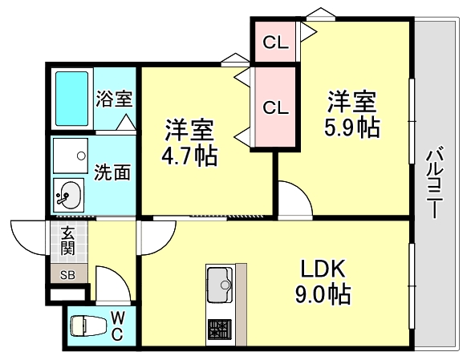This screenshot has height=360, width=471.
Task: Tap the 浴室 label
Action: coord(115,99)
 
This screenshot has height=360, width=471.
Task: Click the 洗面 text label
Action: coord(112,172)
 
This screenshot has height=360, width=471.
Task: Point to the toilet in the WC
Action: coord(84,326)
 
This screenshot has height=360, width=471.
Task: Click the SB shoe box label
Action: coord(68,275)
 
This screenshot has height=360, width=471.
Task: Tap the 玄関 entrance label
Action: coord(68,241)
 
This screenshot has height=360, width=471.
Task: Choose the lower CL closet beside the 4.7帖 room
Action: coord(275,107)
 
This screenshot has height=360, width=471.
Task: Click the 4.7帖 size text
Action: coord(189,155)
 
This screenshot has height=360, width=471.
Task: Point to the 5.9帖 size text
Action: coord(351,127)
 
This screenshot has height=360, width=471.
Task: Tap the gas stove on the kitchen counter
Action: coord(218,328)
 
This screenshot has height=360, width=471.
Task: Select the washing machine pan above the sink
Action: coord(70,154)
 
